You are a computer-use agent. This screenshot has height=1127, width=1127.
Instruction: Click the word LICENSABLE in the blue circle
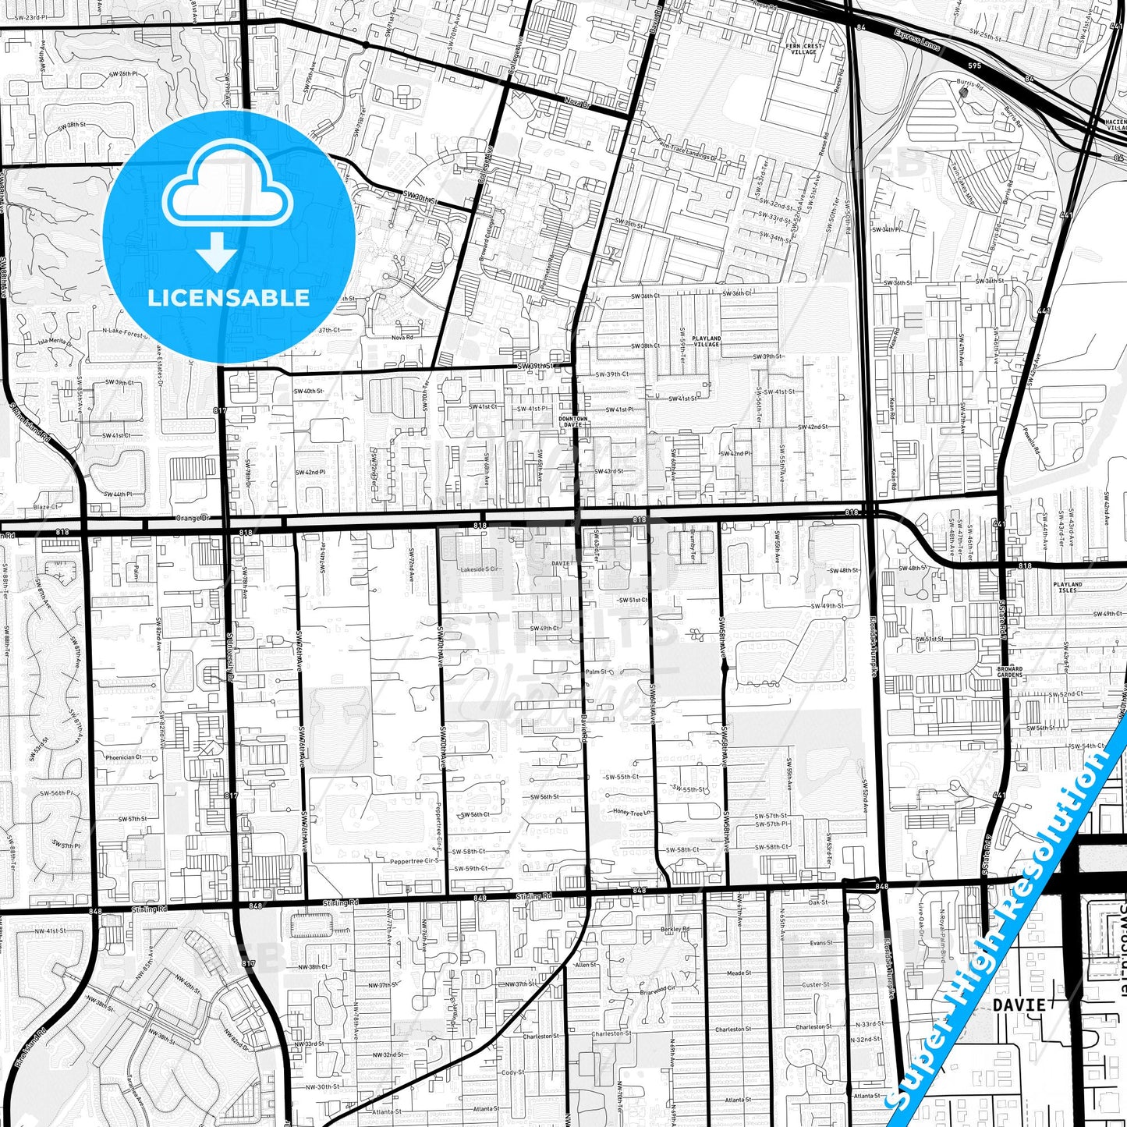pos(229,297)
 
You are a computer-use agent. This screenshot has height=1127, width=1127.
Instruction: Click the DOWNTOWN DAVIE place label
pos(573,421)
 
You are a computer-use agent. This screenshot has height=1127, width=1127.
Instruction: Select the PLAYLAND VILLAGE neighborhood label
pos(706,341)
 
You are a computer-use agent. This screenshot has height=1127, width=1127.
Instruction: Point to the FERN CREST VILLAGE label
pos(804,48)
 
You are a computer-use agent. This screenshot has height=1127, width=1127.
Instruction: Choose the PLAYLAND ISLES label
pos(1067,587)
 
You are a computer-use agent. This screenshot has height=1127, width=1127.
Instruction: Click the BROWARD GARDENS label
pos(1009,672)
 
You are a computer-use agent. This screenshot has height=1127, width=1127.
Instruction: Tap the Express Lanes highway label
pos(918,41)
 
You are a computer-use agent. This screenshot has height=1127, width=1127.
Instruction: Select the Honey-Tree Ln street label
pos(631,812)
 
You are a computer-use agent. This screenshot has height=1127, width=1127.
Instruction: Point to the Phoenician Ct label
pos(123,757)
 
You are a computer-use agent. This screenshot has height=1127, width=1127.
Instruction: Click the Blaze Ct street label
pos(47,507)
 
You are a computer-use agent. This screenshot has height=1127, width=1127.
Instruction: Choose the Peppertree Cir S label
pos(415,862)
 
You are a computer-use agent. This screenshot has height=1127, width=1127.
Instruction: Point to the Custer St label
pos(816,984)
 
